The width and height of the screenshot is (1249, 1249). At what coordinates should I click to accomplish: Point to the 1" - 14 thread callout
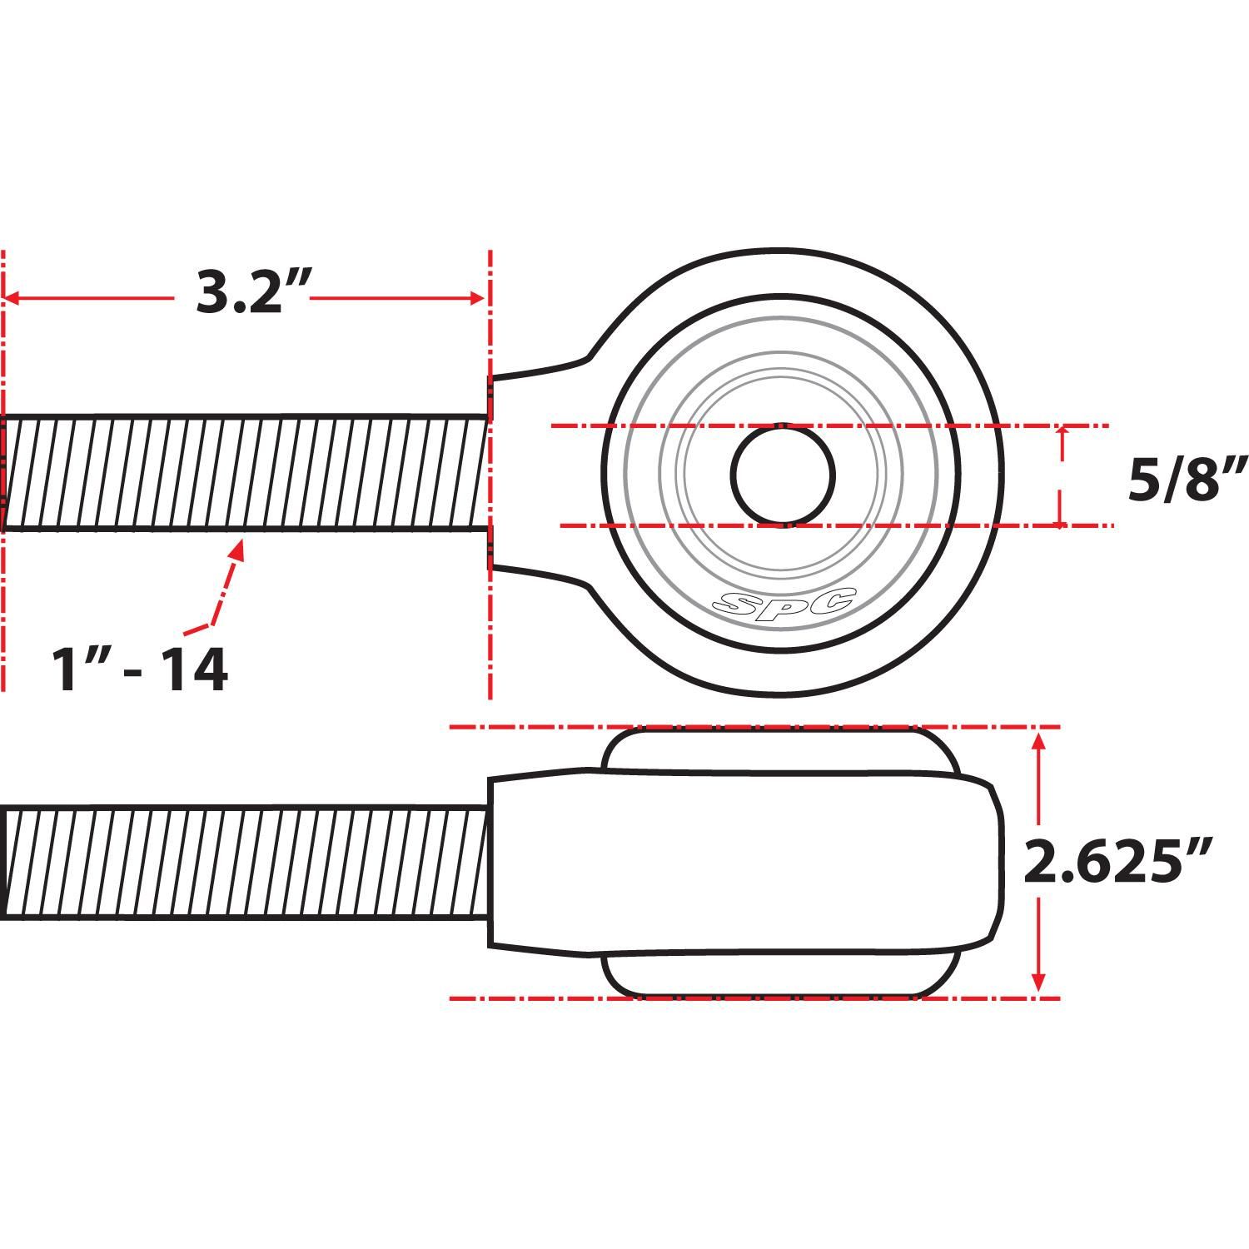(140, 671)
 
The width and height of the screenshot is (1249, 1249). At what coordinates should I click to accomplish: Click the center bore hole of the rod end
(783, 475)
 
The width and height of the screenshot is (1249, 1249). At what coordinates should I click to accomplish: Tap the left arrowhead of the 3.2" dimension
(12, 297)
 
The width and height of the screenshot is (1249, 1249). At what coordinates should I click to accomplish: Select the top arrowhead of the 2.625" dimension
(1038, 739)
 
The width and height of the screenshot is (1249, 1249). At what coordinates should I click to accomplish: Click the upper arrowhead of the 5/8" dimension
(1061, 432)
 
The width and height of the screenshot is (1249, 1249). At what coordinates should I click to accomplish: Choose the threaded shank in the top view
(246, 471)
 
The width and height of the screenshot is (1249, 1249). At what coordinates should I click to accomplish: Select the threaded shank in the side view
(246, 862)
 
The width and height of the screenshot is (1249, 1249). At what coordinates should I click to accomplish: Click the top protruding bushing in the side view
(779, 749)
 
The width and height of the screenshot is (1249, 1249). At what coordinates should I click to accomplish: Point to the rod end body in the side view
(741, 862)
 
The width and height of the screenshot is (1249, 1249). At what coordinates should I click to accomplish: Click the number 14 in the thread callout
(193, 671)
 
